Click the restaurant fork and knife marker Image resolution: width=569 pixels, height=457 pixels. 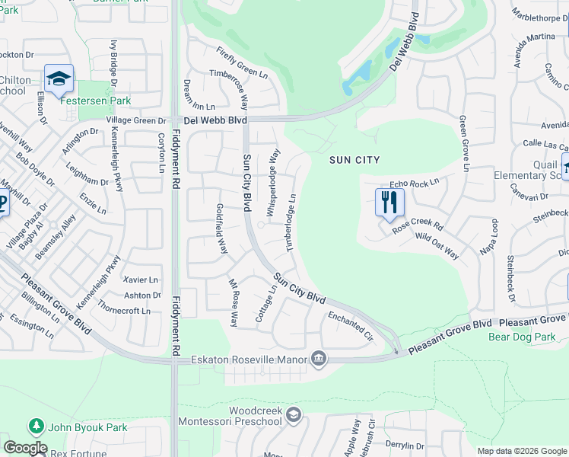[x=389, y=203]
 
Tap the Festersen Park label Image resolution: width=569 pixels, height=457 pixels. [x=106, y=101]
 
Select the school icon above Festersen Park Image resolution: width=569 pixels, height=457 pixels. [x=58, y=78]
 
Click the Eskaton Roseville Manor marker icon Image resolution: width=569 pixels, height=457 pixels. [x=319, y=359]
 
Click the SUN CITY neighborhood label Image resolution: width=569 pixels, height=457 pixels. [x=354, y=160]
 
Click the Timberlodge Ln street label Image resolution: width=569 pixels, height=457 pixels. [x=291, y=222]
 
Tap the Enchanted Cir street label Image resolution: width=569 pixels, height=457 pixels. [x=351, y=324]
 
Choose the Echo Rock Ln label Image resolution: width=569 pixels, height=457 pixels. [x=415, y=184]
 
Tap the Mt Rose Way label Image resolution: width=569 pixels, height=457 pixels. [x=234, y=302]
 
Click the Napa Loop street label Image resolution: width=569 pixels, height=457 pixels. [x=490, y=238]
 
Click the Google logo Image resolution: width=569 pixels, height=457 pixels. [x=25, y=448]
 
